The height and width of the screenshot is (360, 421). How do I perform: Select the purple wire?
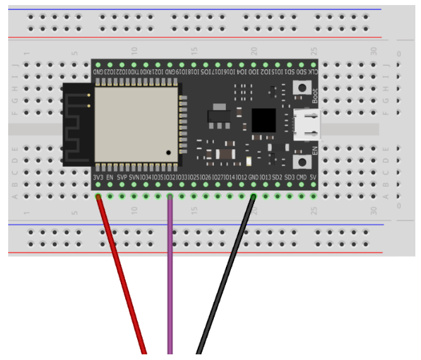tap(169, 277)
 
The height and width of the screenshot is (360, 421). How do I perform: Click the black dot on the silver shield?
tap(169, 153)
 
